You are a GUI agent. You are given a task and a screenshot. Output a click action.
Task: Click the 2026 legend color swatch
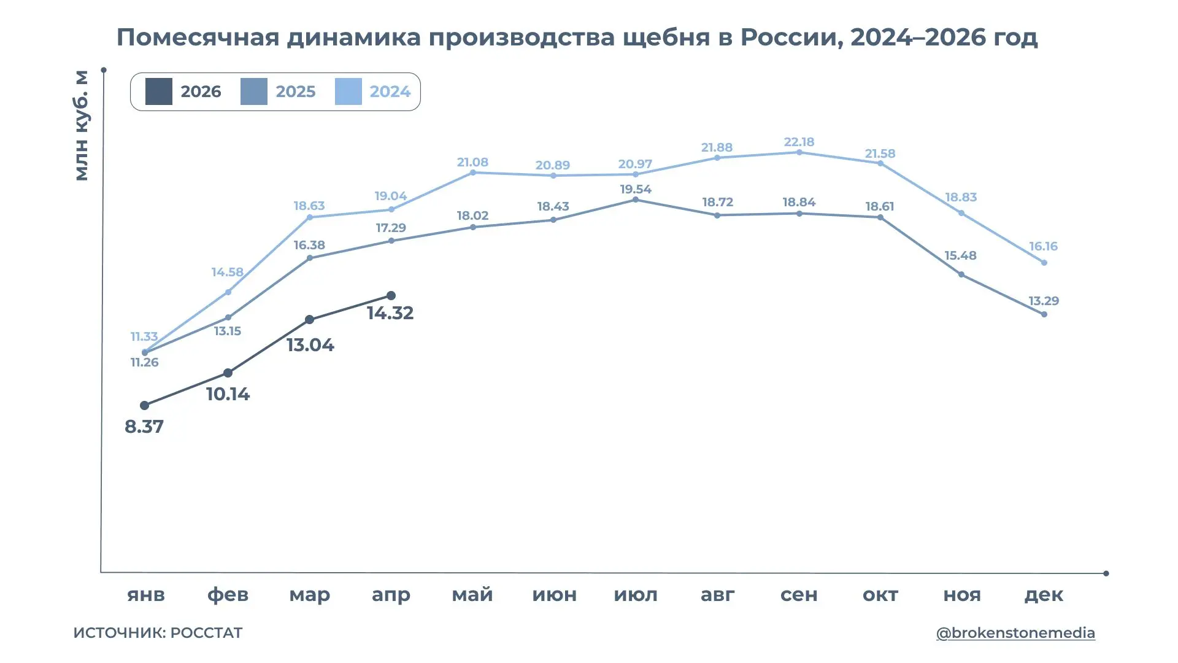(158, 91)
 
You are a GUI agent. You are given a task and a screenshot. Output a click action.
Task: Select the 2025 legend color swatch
(253, 91)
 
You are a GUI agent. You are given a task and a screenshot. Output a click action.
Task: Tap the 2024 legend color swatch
(348, 91)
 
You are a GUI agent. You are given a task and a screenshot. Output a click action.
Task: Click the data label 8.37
(144, 427)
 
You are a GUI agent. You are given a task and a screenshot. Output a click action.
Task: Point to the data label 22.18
(799, 142)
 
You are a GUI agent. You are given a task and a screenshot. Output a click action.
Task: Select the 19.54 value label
(635, 189)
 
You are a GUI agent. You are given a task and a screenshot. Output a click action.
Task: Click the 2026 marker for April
(391, 296)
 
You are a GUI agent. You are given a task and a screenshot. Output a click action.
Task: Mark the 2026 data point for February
(228, 373)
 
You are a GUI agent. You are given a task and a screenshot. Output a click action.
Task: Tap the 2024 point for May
(472, 173)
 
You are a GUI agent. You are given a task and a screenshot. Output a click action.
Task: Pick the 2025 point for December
(1044, 314)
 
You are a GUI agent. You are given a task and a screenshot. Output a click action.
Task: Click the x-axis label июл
(636, 594)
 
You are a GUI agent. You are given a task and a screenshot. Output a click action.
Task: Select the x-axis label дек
(1044, 594)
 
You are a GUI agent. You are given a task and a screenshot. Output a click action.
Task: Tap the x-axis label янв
(146, 594)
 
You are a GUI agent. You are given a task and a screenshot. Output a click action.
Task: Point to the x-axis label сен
(799, 594)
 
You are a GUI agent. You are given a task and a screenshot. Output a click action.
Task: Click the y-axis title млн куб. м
(82, 126)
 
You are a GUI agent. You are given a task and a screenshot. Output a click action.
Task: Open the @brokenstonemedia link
(1015, 633)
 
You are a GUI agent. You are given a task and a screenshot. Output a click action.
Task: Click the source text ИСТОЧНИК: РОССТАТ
(158, 633)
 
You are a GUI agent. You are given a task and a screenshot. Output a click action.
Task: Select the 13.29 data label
(1044, 301)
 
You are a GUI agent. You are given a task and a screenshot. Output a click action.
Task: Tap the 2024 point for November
(961, 213)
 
